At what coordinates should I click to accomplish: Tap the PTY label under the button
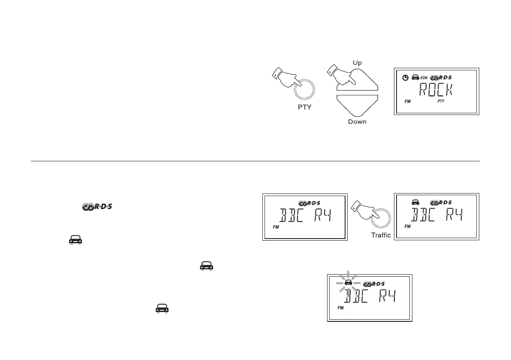click(304, 107)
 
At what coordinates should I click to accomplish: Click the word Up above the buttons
click(357, 62)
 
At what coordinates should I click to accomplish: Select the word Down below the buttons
click(357, 122)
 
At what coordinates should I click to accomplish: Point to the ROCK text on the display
click(436, 91)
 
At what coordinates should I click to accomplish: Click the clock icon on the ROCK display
click(405, 78)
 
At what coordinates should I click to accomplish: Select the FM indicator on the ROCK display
click(408, 102)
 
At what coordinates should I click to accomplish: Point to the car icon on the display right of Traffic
click(415, 202)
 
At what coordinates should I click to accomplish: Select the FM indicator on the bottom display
click(341, 308)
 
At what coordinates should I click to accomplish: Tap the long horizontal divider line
click(255, 162)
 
